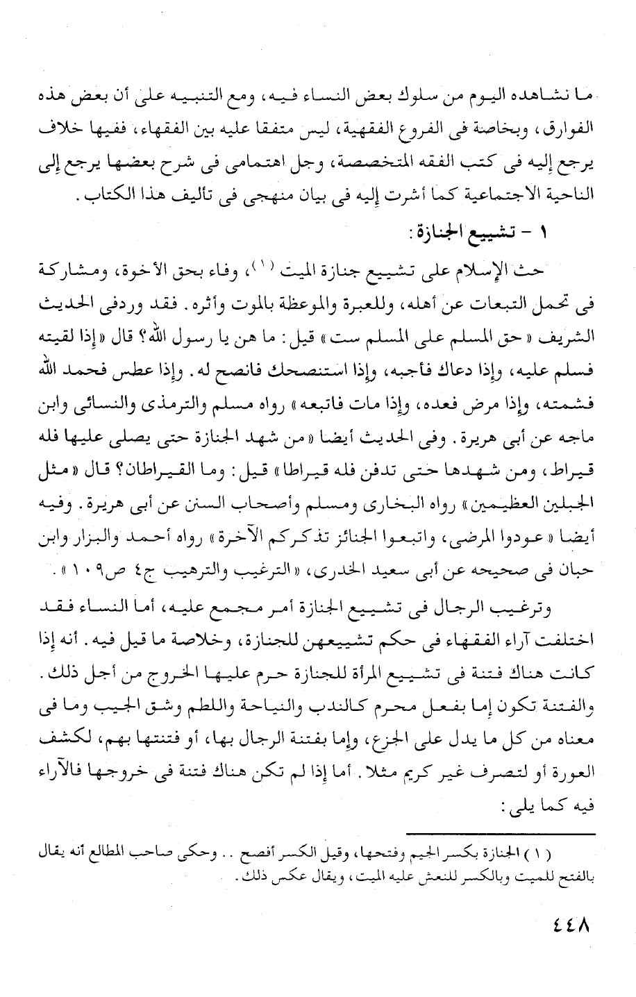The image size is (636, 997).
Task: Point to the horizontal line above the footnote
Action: point(501,833)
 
